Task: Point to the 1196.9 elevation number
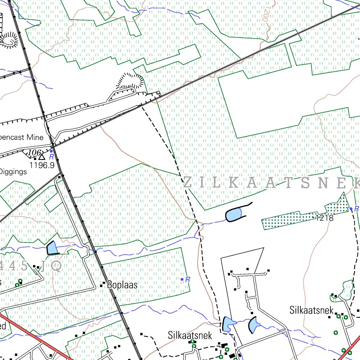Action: [x=42, y=165]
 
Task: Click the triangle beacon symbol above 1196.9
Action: [x=42, y=156]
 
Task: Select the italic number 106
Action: [x=34, y=153]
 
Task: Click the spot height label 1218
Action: [x=324, y=218]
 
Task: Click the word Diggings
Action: [x=13, y=172]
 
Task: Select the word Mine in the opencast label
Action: [x=34, y=137]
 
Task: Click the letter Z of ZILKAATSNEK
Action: [x=188, y=183]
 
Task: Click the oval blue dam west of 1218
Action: [x=233, y=214]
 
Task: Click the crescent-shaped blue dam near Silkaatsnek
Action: [x=253, y=325]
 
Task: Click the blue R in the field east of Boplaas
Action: [x=187, y=280]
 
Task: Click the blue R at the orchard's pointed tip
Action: [x=356, y=209]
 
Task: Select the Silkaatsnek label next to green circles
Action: [x=311, y=310]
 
